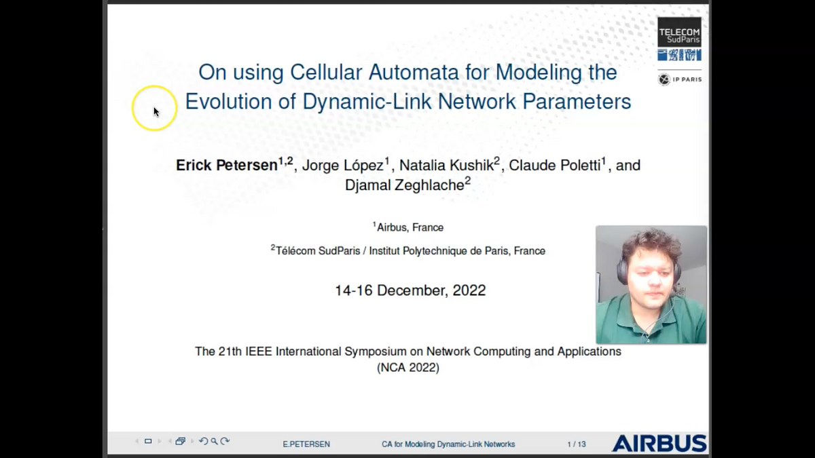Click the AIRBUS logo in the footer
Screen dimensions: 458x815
tap(659, 444)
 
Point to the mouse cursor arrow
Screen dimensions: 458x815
tap(156, 111)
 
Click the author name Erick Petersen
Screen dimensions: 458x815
tap(227, 165)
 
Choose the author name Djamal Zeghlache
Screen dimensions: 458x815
tap(404, 185)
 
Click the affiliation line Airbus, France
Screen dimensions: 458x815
tap(410, 227)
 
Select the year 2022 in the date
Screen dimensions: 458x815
tap(469, 290)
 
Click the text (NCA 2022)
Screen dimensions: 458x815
tap(407, 368)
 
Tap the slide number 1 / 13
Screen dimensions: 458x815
tap(576, 444)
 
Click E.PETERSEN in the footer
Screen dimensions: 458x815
tap(306, 444)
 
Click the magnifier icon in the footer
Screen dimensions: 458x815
tap(214, 441)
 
